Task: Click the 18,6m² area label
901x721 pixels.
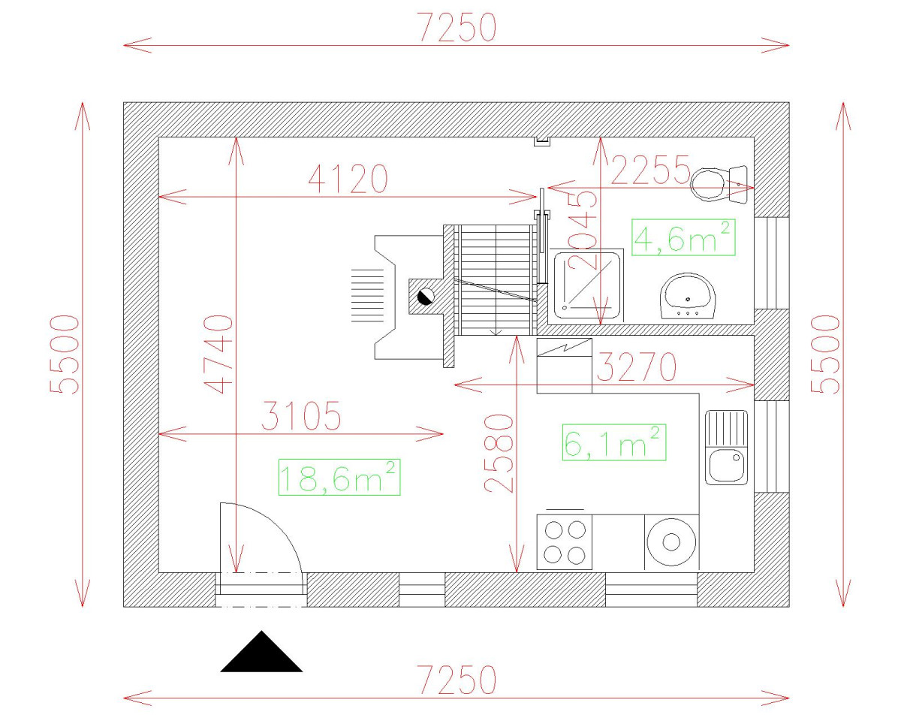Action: [339, 478]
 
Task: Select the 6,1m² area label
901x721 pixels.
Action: [613, 442]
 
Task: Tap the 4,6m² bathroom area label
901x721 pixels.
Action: [683, 237]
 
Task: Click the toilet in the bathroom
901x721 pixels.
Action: [719, 184]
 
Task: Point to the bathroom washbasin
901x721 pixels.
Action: [688, 296]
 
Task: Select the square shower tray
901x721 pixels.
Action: [587, 285]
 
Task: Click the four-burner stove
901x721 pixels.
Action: [565, 542]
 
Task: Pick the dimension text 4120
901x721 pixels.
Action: [348, 179]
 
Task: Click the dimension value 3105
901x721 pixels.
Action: [301, 415]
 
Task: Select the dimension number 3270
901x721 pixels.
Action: [636, 367]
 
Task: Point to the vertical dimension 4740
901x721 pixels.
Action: [218, 354]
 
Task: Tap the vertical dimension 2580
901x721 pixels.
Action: [499, 454]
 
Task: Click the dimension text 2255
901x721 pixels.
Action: [650, 170]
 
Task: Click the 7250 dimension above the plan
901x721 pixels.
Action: [457, 28]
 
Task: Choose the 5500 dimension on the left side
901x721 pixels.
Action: [64, 354]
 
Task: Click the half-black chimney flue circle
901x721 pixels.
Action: [426, 297]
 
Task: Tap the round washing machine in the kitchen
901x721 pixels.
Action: [671, 542]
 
